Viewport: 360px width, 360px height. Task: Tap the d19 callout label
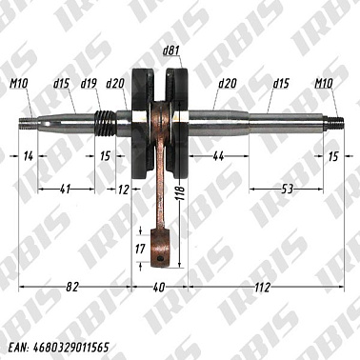(x=90, y=83)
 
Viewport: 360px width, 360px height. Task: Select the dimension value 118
(x=180, y=195)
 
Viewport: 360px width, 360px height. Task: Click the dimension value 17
(x=140, y=249)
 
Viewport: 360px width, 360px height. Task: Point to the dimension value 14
(x=28, y=154)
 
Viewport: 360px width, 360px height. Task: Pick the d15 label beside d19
(x=62, y=83)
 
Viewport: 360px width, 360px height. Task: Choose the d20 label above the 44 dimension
(x=226, y=83)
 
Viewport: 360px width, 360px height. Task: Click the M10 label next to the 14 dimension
(x=21, y=83)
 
